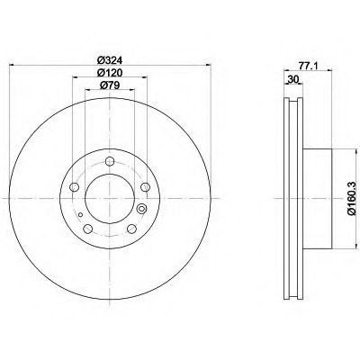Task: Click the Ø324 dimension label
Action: click(x=110, y=60)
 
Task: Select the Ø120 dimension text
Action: click(x=110, y=73)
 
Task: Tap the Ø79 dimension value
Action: click(x=110, y=85)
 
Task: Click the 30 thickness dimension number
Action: click(x=293, y=79)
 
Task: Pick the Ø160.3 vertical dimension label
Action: click(x=352, y=198)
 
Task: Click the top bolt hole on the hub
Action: click(x=110, y=161)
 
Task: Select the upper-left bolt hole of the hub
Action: click(x=74, y=187)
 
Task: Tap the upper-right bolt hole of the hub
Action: click(x=145, y=187)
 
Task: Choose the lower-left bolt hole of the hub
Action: click(x=87, y=229)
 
